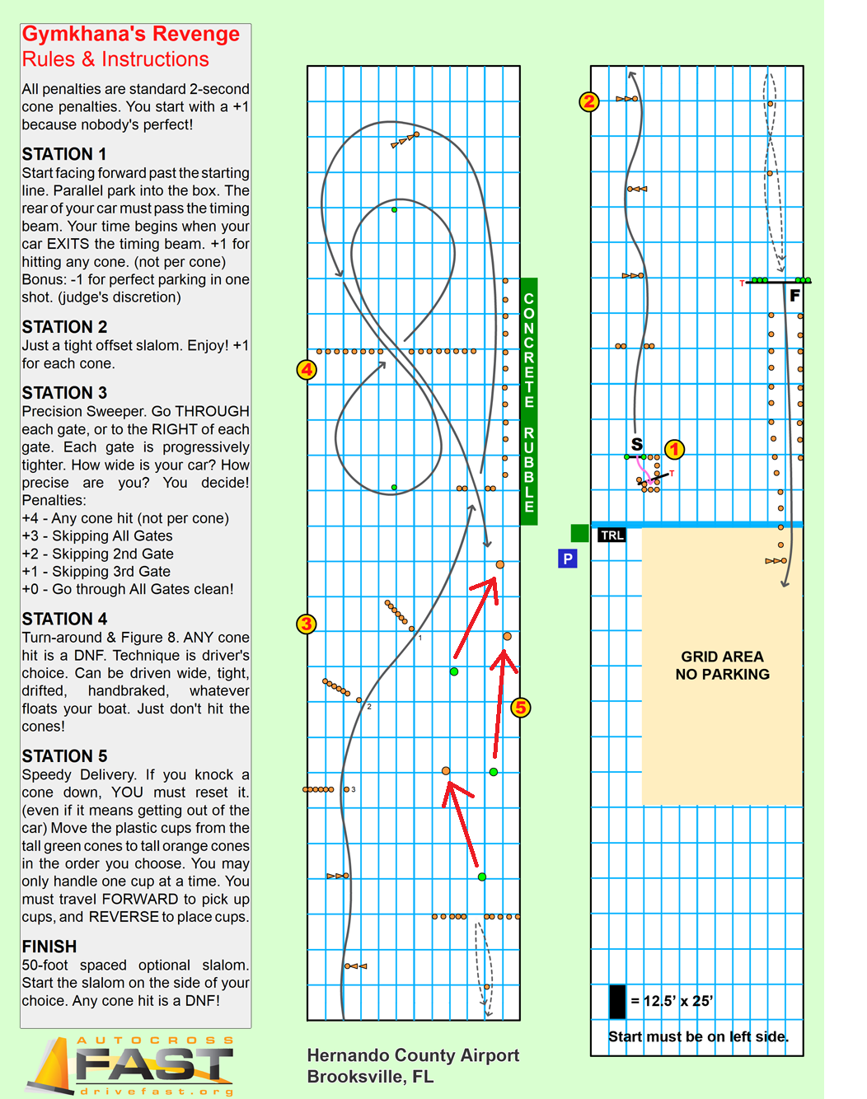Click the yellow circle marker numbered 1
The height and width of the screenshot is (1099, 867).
pos(674,449)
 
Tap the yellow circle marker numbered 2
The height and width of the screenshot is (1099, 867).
pos(588,101)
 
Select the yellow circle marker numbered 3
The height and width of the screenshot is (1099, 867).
pos(307,624)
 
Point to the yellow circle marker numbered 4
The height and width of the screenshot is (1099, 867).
pos(307,369)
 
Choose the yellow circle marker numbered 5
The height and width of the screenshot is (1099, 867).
pos(520,707)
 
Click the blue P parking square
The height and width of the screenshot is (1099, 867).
pos(567,559)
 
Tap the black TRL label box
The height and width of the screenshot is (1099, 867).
pos(612,535)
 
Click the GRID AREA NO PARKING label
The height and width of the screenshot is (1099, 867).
pos(722,665)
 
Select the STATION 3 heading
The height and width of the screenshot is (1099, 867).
pos(64,393)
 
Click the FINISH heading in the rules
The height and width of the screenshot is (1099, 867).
pos(49,947)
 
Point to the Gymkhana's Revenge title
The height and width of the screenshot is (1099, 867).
pos(130,35)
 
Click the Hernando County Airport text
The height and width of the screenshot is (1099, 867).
pos(413,1055)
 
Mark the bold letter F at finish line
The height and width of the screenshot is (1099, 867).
pos(794,295)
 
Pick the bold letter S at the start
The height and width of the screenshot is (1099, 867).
pos(637,445)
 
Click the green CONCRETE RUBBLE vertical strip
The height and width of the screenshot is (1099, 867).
pos(529,401)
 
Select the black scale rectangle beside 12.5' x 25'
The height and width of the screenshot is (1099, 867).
pos(617,1001)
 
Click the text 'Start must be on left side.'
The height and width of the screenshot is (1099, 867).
pos(698,1036)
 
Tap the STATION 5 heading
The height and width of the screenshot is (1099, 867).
pos(64,756)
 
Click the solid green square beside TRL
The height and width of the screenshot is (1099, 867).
pos(579,533)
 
